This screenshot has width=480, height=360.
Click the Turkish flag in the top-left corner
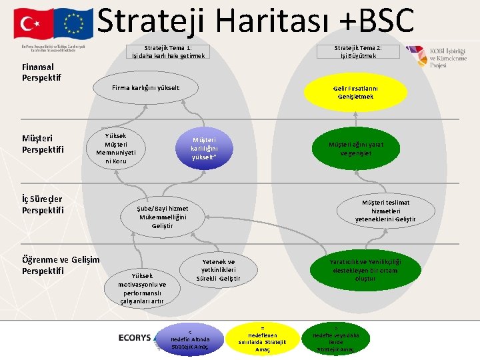[30, 23]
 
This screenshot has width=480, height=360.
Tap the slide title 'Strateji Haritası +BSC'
[256, 21]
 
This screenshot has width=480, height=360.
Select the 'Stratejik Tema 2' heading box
[358, 52]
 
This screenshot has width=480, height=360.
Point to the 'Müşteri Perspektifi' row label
[43, 144]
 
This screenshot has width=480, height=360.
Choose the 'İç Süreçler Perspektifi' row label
[43, 205]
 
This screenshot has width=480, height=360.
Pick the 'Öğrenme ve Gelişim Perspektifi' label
[60, 265]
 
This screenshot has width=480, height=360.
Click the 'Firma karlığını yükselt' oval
[145, 88]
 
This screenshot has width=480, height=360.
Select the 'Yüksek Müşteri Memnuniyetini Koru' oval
[116, 147]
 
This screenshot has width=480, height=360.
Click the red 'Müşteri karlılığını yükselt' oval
[203, 149]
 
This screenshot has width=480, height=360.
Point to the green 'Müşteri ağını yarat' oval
[355, 149]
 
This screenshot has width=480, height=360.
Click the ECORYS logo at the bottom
[135, 338]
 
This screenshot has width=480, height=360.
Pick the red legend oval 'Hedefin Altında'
[190, 339]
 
